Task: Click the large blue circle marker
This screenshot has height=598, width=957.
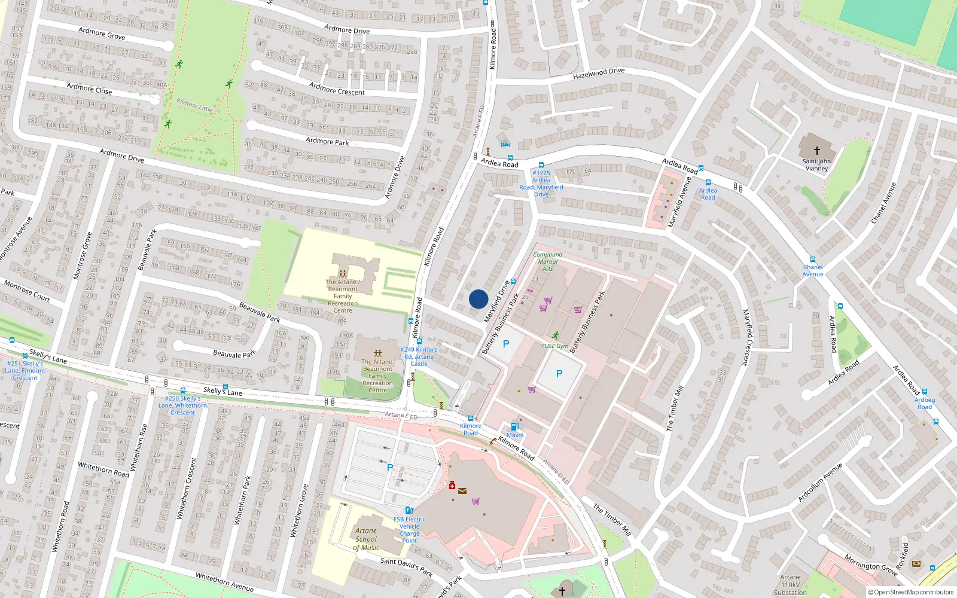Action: pos(478,299)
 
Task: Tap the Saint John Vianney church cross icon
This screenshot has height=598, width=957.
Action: pos(816,151)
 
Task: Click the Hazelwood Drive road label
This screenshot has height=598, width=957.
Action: pos(599,74)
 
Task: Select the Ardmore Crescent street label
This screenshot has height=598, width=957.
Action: pos(337,89)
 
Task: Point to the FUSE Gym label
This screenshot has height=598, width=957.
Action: pos(554,346)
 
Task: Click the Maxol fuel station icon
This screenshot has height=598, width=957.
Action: pos(514,427)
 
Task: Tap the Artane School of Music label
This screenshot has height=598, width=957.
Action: pos(366,539)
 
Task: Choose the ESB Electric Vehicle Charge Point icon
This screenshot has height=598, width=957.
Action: pos(409,511)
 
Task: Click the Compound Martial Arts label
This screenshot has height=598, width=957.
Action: pos(547,261)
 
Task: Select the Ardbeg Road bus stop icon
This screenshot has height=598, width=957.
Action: pos(925,392)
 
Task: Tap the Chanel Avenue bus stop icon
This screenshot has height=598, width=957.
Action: pos(813,260)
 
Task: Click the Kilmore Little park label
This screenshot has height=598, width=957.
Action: pos(194,105)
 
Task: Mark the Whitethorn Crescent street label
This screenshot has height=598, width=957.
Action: pos(187,488)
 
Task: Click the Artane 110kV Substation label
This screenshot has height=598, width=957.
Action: pos(790,585)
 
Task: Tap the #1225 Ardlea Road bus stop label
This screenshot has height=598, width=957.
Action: pos(541,184)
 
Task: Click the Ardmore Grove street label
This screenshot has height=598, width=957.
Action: pos(102,33)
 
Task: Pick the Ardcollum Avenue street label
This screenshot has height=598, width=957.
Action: pos(820,483)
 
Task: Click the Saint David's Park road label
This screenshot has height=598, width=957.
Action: pos(407,566)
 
